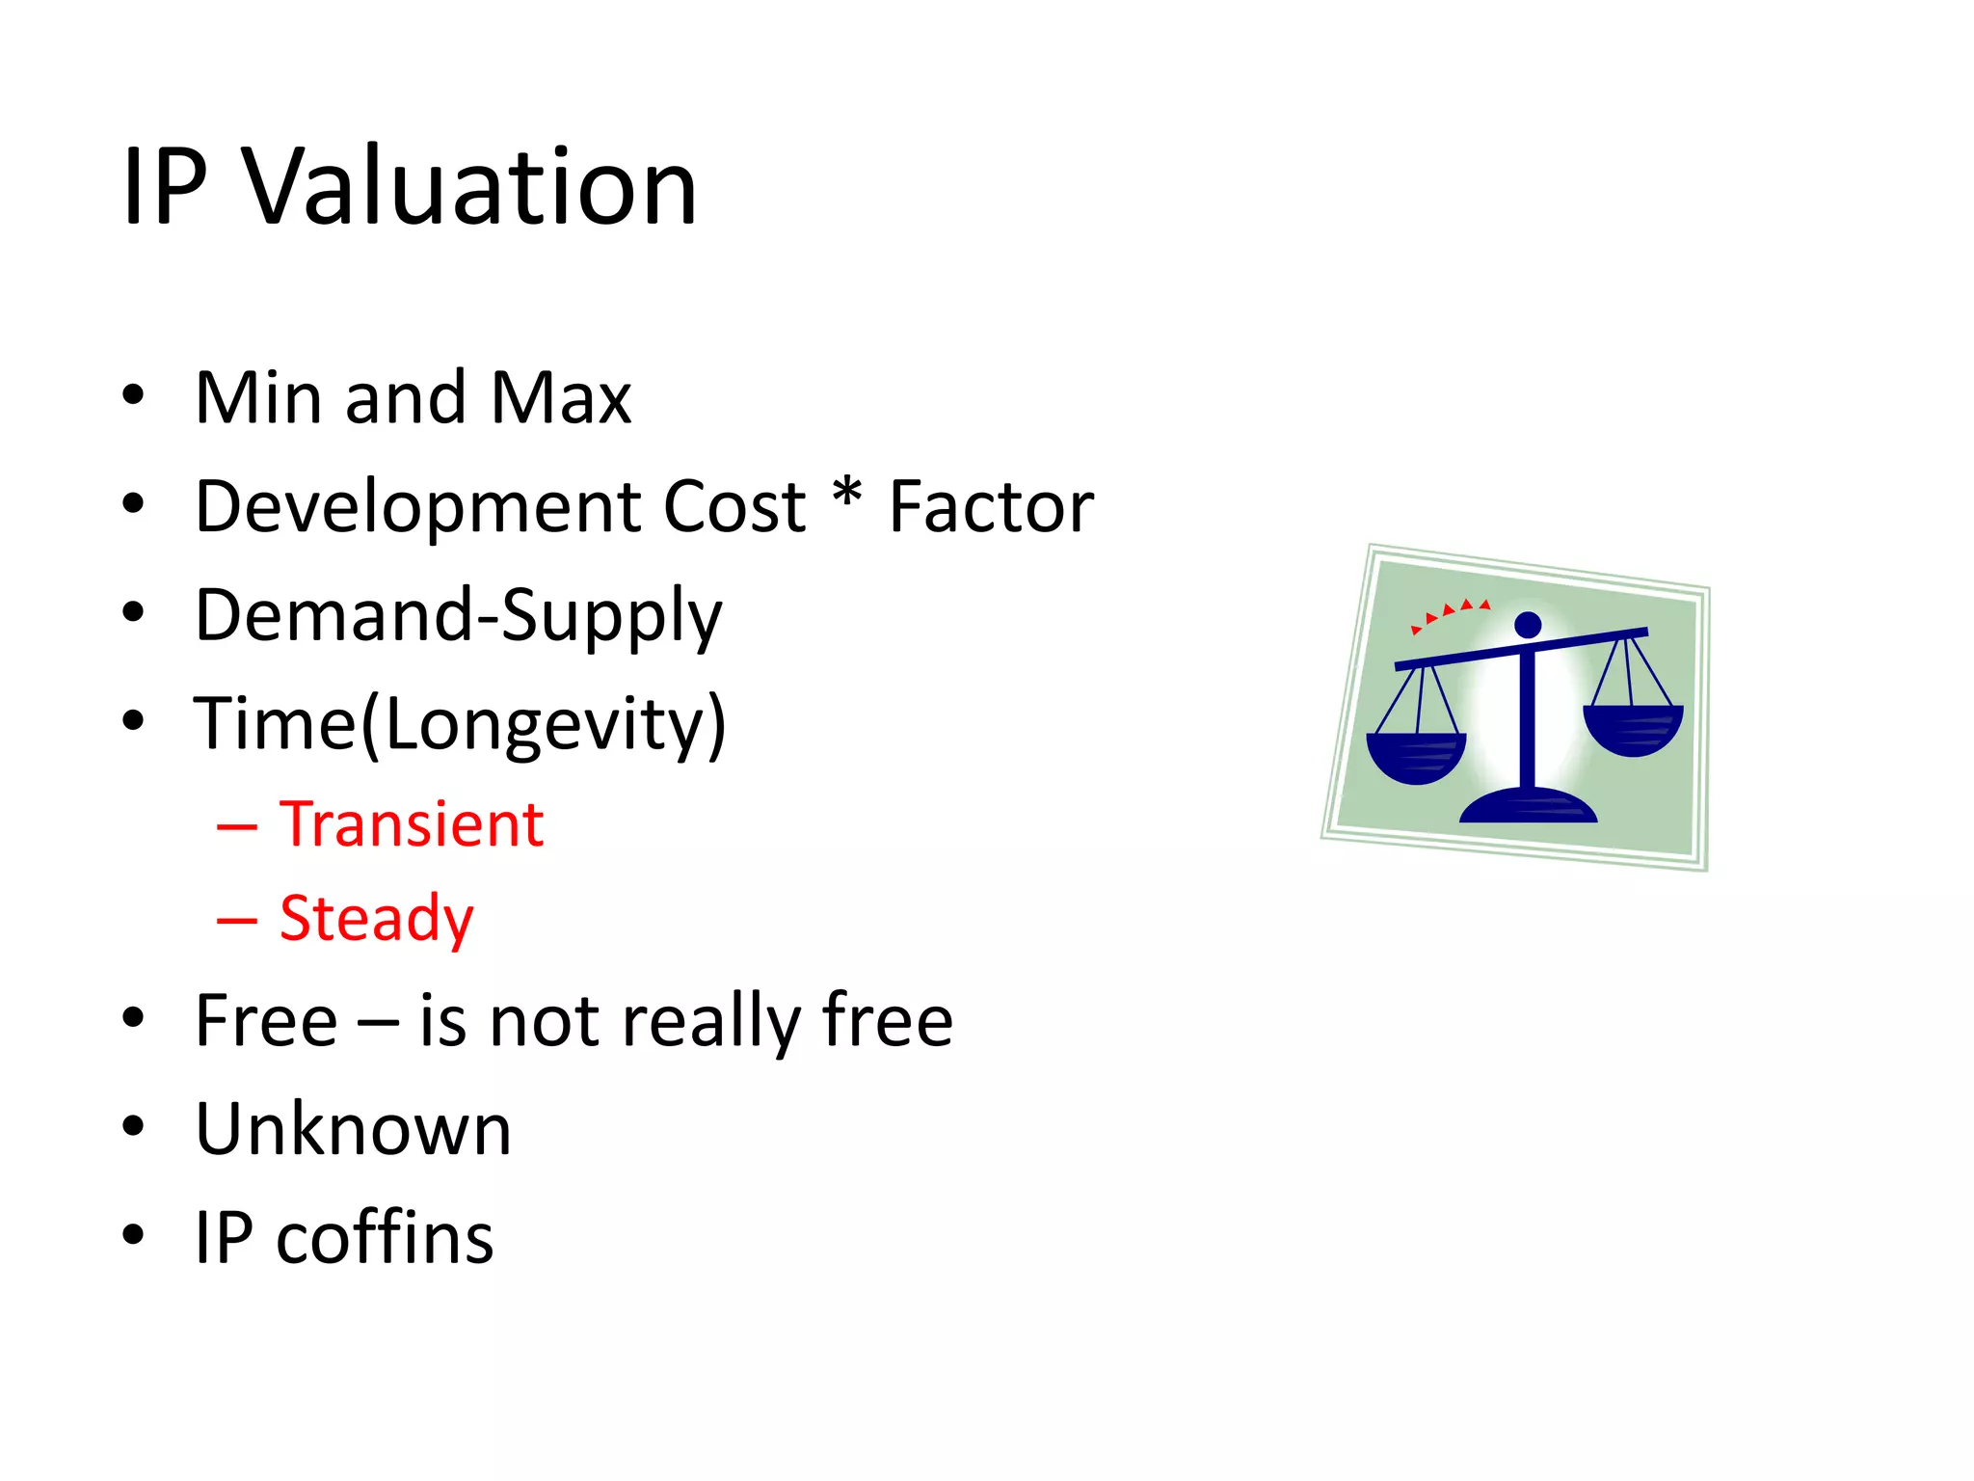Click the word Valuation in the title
tap(468, 188)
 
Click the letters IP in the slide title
tap(165, 188)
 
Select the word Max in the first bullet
tap(560, 397)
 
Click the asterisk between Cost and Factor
tap(846, 494)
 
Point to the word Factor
tap(991, 508)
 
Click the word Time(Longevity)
tap(460, 725)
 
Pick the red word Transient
tap(412, 825)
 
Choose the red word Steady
tap(376, 918)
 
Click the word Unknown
tap(353, 1130)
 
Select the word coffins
tap(385, 1239)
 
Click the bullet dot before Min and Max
tap(133, 395)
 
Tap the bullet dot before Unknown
tap(133, 1126)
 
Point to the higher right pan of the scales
tap(1633, 729)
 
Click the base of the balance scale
tap(1528, 806)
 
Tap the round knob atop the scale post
tap(1528, 625)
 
